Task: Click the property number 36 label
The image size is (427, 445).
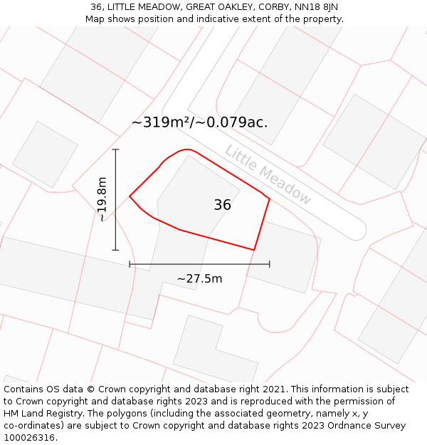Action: click(x=222, y=205)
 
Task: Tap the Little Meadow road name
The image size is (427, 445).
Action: click(x=268, y=175)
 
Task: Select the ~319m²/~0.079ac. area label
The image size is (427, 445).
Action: click(x=199, y=122)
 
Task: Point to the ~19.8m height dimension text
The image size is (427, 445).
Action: click(x=102, y=199)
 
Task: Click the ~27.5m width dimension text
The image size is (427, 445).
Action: click(x=199, y=278)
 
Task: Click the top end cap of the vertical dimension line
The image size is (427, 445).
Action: click(x=115, y=150)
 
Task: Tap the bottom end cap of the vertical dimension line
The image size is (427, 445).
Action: click(x=115, y=250)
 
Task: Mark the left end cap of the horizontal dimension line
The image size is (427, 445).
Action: click(x=130, y=264)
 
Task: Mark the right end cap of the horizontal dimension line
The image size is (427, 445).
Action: click(x=269, y=264)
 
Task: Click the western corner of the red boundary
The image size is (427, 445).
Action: click(x=130, y=196)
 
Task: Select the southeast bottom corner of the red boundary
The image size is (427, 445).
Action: click(x=254, y=250)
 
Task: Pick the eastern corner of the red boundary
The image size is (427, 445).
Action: click(x=269, y=199)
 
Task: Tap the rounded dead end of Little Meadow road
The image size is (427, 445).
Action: click(x=356, y=229)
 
